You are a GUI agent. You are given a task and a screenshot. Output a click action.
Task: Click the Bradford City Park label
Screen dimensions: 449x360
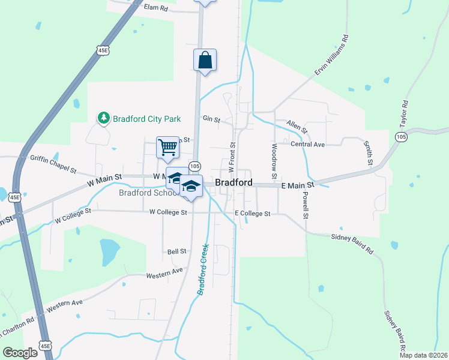[148, 119]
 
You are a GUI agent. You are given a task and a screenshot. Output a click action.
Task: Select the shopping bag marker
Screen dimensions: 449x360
[205, 61]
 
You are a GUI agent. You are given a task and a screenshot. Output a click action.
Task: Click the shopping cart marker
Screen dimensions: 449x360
[168, 147]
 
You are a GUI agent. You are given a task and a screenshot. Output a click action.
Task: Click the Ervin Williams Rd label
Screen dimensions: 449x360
[331, 59]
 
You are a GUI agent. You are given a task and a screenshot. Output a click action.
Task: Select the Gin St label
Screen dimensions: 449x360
[209, 118]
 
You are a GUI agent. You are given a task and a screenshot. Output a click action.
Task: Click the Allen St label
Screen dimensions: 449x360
[297, 126]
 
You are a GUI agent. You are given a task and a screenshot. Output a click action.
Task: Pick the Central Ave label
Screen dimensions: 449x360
[307, 145]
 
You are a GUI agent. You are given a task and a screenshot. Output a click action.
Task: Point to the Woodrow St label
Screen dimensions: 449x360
[274, 161]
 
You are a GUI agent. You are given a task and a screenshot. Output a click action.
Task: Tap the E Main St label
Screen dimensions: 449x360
[298, 187]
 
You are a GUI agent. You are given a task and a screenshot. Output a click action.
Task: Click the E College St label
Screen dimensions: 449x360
[253, 213]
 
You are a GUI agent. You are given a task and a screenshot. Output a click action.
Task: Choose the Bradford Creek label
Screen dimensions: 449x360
[203, 269]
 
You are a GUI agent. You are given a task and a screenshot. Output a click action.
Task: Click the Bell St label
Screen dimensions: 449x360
[177, 251]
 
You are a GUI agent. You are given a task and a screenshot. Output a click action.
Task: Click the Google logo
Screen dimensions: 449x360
[20, 353]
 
